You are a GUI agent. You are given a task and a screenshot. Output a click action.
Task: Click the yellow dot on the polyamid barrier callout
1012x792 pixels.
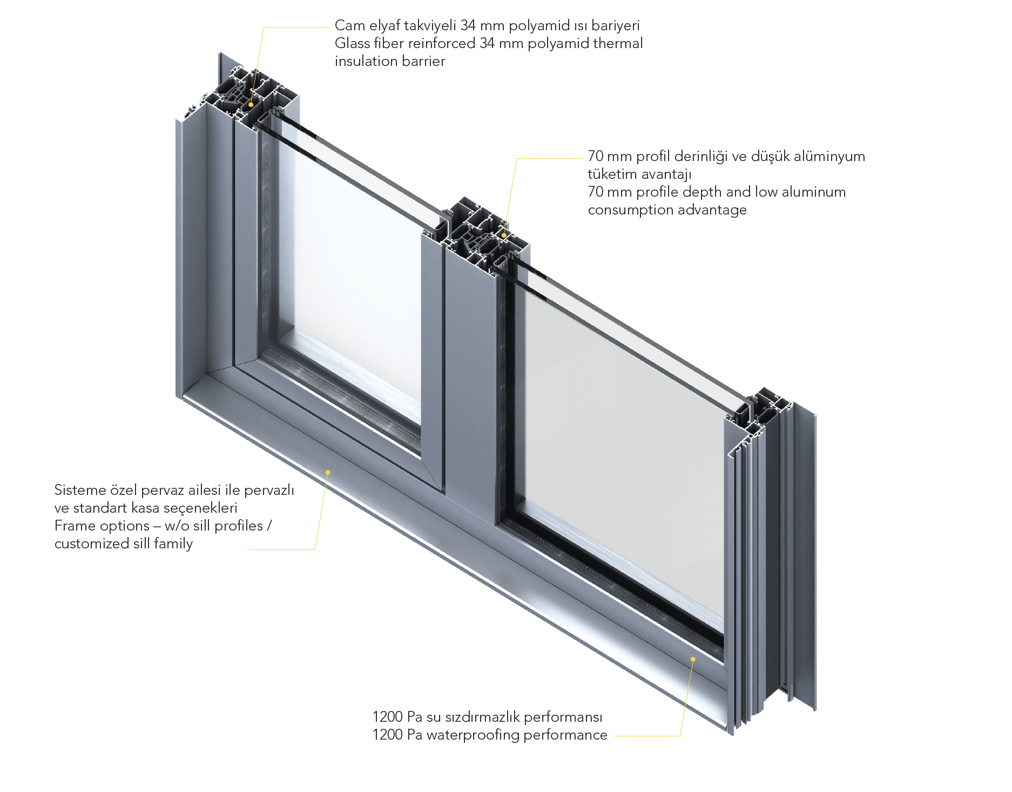click(251, 104)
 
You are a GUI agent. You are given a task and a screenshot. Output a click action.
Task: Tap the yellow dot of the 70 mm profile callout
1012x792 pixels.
click(504, 235)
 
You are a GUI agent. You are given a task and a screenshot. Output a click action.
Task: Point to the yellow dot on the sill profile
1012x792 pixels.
click(328, 472)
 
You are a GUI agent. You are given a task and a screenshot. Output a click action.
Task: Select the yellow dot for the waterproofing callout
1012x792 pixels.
click(693, 659)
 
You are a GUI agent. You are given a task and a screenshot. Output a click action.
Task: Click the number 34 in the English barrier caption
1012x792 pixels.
click(487, 43)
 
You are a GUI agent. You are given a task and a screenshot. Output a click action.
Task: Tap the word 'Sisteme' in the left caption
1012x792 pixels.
click(80, 490)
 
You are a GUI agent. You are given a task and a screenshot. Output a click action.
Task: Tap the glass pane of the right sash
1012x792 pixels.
click(621, 432)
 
